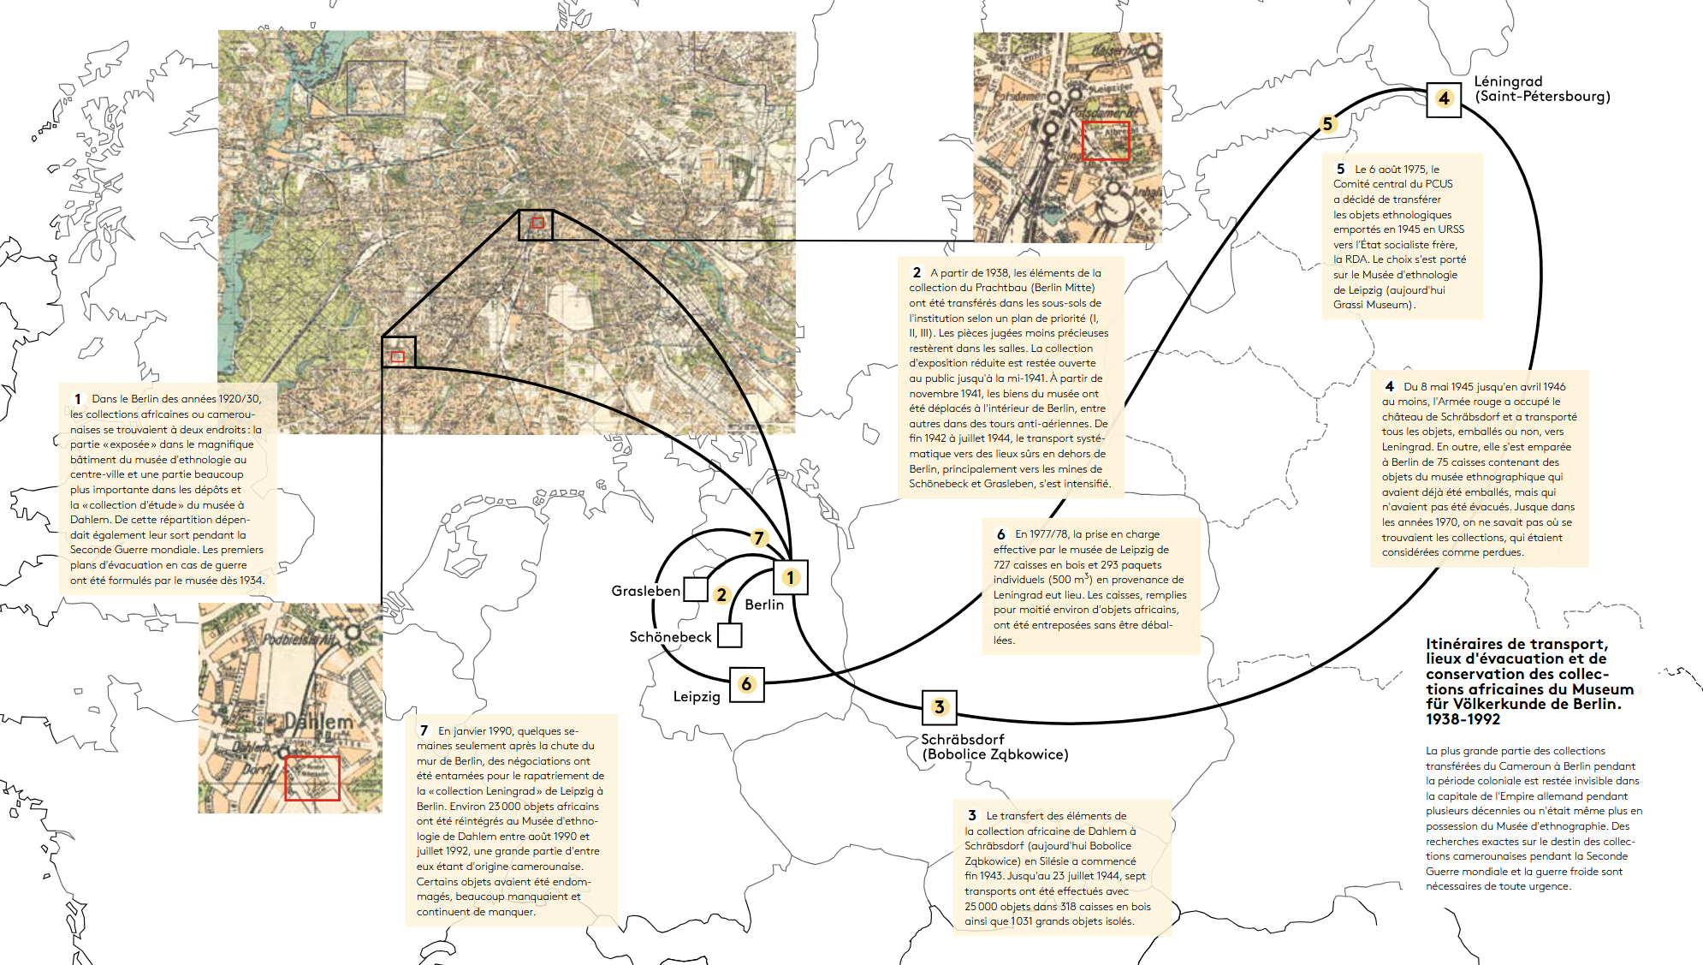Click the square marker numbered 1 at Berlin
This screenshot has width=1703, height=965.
pos(790,578)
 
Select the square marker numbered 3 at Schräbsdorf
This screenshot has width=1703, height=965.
pos(939,707)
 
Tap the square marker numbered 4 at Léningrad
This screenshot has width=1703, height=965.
pos(1444,99)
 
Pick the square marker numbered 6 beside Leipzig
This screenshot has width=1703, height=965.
pos(746,684)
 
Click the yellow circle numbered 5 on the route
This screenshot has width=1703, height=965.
pos(1327,124)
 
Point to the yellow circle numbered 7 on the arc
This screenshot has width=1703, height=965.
pos(758,538)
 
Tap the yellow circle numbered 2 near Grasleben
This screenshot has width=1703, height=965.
pos(721,595)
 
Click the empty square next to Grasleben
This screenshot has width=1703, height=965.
pos(696,589)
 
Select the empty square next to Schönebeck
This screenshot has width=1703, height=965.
pos(729,635)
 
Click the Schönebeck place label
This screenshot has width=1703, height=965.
pos(670,637)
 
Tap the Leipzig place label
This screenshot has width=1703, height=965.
pos(697,696)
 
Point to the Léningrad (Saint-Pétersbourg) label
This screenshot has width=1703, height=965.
pos(1541,89)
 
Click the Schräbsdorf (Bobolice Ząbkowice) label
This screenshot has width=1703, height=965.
pos(994,747)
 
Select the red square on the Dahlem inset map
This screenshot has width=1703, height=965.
pos(312,777)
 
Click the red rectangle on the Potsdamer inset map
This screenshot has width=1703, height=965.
pos(1106,140)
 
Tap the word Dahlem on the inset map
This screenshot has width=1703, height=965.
pos(318,721)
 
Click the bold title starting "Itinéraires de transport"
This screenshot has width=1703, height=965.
pos(1529,681)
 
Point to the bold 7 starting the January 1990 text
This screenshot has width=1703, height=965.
pos(424,730)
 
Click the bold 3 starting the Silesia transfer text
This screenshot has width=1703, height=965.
pos(972,815)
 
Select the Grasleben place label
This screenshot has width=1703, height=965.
pos(645,591)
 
